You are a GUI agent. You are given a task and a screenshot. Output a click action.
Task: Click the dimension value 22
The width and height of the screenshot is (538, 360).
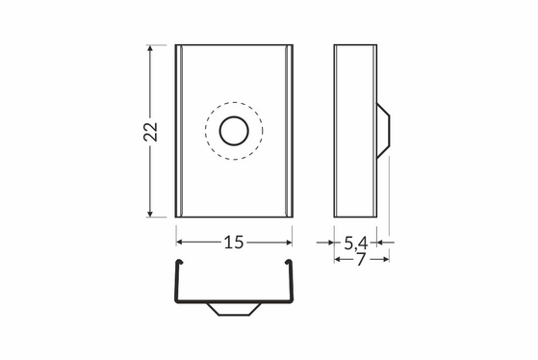150,132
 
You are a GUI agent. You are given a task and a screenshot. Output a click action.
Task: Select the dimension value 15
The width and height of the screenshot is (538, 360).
234,243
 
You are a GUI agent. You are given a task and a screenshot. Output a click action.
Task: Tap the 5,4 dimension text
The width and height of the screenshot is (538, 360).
356,244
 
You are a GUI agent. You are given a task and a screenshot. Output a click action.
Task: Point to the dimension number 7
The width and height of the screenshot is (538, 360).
361,260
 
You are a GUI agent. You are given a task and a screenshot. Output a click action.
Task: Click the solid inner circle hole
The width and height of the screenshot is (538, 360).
234,131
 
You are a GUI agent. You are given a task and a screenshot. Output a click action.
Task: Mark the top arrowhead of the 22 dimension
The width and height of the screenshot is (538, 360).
150,49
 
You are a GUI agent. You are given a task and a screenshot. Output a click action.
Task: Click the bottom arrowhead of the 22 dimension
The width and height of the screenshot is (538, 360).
150,213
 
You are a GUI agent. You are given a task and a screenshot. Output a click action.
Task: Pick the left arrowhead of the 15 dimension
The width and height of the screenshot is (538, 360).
180,243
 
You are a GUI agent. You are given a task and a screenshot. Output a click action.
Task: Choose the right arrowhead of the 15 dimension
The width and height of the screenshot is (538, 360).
288,243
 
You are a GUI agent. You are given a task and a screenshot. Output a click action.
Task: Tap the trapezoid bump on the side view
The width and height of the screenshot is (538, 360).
383,131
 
